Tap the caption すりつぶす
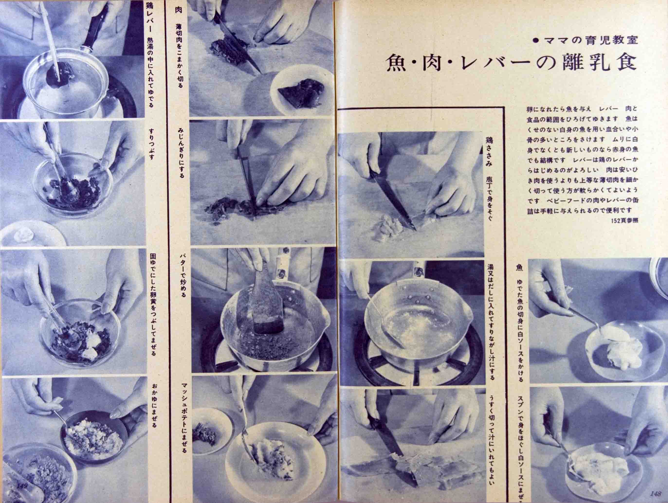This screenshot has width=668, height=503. (x=151, y=144)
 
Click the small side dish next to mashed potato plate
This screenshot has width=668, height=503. (x=208, y=432)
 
